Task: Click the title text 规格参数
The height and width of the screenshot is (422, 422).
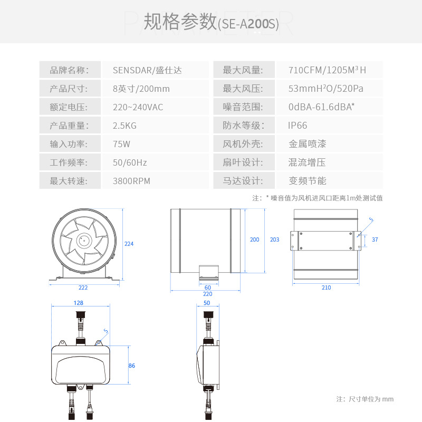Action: coord(179,22)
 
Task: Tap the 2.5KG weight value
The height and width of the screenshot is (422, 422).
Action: coord(125,126)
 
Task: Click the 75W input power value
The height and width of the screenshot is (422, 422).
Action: coord(121,144)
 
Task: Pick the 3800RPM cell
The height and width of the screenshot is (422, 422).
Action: coord(131,181)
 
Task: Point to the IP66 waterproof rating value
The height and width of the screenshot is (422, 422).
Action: coord(298,126)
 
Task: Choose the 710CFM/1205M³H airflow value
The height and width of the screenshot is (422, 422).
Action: coord(327,70)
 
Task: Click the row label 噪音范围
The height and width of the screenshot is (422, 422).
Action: coord(242,107)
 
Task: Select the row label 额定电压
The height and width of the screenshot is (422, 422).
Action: coord(68,107)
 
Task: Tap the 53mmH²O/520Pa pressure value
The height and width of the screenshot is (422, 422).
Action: coord(326,89)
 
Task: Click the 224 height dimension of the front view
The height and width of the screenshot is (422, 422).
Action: coord(129,244)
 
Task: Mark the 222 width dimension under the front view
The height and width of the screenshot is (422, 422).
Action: coord(83,287)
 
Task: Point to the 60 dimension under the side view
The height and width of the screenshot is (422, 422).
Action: coord(207,287)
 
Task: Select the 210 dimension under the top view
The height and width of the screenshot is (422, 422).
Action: coord(326,287)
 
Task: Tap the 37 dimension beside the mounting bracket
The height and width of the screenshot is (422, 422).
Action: coord(375,239)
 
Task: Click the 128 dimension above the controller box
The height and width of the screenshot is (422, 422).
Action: coord(79,303)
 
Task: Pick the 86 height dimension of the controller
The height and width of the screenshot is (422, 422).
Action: coord(131,366)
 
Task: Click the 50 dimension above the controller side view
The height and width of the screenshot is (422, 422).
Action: coord(206,303)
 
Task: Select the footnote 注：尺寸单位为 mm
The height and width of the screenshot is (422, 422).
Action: coord(365,399)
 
